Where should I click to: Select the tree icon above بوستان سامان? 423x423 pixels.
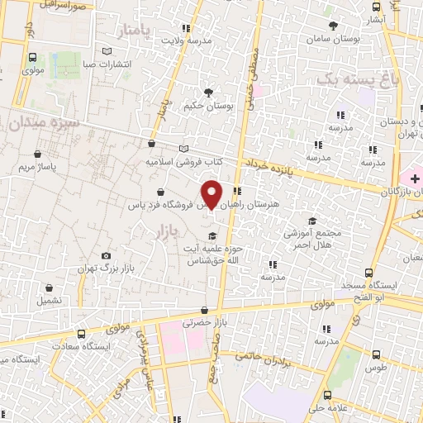333,26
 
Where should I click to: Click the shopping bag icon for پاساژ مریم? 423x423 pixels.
40,154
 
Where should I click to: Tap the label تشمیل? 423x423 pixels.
51,302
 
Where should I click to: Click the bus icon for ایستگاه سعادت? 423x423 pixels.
81,333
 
